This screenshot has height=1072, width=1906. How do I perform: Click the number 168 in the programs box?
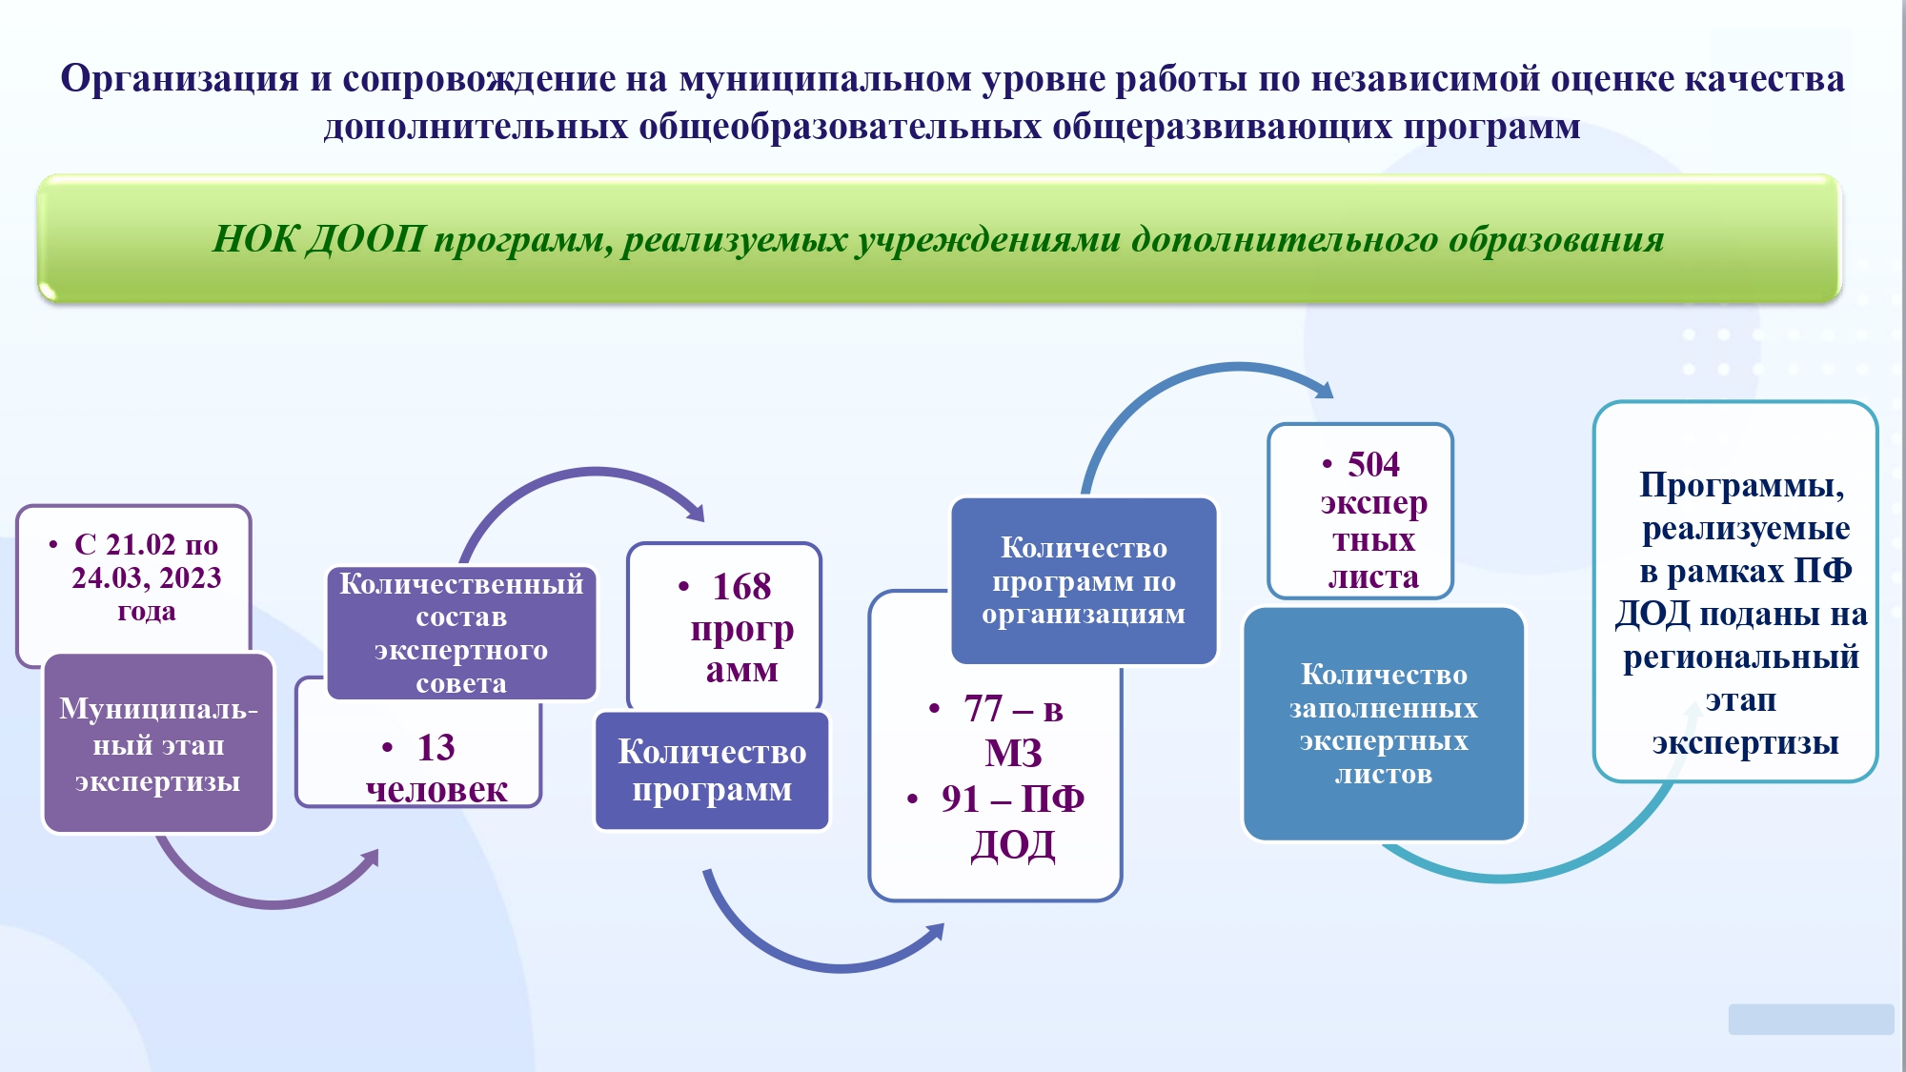(741, 586)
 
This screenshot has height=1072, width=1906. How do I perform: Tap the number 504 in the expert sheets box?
(1373, 464)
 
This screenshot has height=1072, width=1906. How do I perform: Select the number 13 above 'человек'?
(436, 747)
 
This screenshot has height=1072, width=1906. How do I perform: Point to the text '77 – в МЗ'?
(1013, 730)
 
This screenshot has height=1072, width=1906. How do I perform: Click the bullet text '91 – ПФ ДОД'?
(1012, 821)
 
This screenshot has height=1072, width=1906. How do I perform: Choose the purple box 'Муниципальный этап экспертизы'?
(158, 743)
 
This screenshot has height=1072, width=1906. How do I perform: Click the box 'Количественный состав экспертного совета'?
(461, 633)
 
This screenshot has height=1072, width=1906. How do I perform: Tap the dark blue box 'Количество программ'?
(712, 770)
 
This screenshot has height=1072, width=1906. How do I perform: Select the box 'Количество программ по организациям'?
(1084, 580)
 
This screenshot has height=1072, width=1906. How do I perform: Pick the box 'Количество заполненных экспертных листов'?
(1384, 724)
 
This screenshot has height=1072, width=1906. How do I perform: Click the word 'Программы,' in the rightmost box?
(1742, 486)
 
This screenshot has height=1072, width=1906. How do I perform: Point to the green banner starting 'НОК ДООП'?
(940, 238)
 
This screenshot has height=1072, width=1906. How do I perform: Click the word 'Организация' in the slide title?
(180, 79)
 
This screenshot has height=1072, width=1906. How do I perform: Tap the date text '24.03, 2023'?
(147, 577)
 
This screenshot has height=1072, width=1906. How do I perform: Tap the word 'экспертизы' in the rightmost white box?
(1745, 743)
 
